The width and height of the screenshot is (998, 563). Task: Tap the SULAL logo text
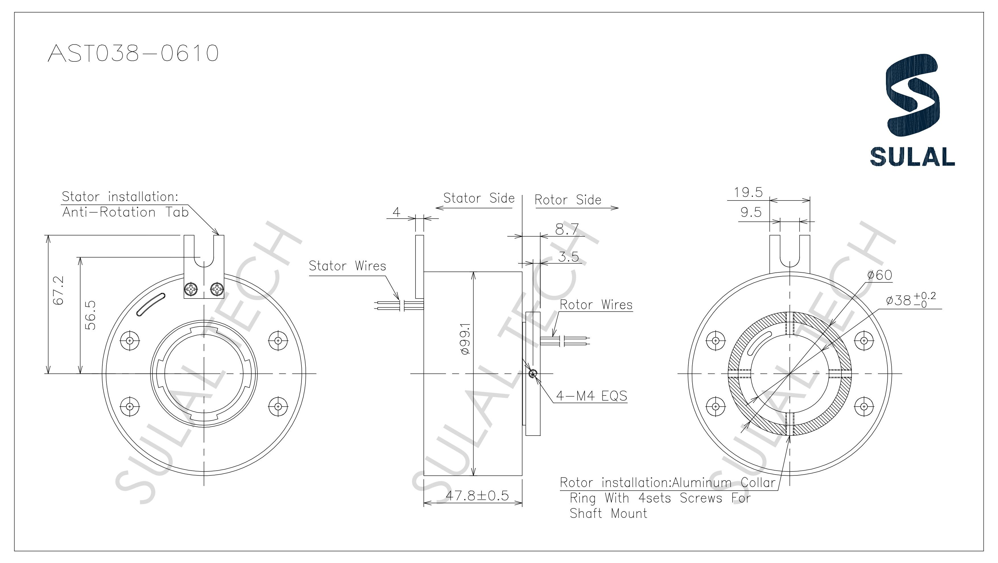912,157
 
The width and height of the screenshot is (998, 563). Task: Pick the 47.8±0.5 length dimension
477,495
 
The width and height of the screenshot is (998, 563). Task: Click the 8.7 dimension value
567,230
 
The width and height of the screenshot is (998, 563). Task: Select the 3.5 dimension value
568,257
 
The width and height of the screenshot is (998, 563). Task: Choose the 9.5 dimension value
751,212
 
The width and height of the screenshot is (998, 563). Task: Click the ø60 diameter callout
879,275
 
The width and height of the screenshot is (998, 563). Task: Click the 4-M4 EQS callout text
591,396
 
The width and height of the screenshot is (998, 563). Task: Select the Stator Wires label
347,266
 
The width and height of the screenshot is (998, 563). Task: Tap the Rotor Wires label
596,305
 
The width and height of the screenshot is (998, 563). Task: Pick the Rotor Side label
568,200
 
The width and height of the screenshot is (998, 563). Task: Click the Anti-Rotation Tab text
125,212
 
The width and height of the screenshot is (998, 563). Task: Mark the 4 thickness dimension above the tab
396,212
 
